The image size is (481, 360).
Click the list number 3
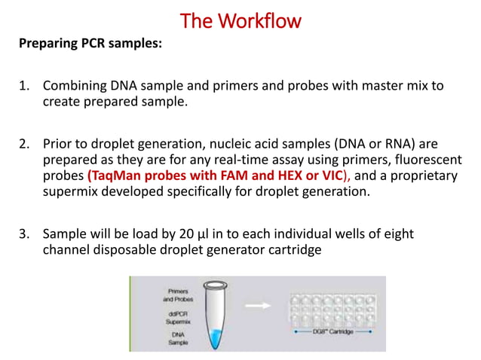coord(23,234)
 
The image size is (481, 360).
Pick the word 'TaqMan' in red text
coord(117,175)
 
